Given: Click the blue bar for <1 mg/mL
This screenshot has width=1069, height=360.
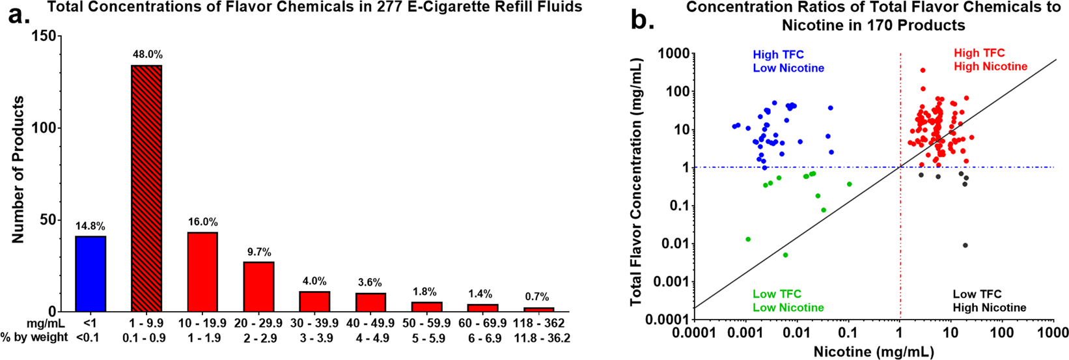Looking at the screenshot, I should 90,273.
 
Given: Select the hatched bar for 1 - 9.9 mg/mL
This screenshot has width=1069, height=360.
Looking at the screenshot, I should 146,188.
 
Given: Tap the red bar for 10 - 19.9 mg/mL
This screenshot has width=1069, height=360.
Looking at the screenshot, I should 202,271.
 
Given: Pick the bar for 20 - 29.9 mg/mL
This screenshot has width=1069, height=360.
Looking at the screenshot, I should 258,286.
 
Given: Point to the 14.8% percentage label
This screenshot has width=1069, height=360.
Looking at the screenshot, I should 90,227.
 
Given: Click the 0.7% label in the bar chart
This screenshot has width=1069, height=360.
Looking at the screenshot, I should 538,298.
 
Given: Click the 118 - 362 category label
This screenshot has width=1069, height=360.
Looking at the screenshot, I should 538,324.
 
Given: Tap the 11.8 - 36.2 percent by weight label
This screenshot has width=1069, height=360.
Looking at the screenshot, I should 538,337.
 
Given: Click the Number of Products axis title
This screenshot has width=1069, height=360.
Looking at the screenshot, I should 18,170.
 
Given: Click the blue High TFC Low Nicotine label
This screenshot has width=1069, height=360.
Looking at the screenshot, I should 788,61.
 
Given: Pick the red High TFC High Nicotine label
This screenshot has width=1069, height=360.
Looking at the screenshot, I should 990,60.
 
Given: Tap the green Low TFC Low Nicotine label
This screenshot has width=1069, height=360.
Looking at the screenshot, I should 788,301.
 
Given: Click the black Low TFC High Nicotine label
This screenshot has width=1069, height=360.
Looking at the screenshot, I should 990,301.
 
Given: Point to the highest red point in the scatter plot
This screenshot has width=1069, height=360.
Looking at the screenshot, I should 923,70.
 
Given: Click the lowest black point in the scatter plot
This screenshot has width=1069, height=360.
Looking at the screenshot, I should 965,245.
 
